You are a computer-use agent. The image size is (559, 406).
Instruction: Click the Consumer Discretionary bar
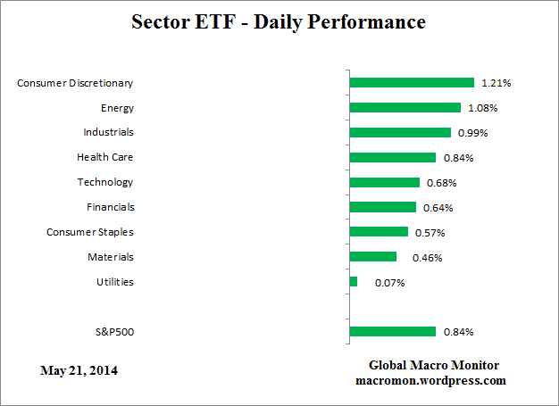pyautogui.click(x=412, y=83)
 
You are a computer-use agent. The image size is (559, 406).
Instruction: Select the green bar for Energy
pyautogui.click(x=405, y=108)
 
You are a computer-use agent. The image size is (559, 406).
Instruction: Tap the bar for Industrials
pyautogui.click(x=400, y=132)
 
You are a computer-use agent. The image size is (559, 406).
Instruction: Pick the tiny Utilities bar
pyautogui.click(x=354, y=282)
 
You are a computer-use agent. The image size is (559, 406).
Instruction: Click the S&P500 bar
pyautogui.click(x=393, y=332)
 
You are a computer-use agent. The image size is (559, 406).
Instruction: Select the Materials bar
pyautogui.click(x=373, y=257)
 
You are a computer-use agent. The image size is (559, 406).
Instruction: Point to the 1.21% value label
pyautogui.click(x=496, y=83)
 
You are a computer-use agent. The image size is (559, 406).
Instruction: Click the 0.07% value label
pyautogui.click(x=390, y=283)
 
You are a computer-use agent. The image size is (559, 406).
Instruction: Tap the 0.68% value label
pyautogui.click(x=441, y=183)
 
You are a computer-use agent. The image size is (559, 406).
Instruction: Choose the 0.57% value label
pyautogui.click(x=430, y=233)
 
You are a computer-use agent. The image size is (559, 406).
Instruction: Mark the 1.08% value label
pyautogui.click(x=482, y=108)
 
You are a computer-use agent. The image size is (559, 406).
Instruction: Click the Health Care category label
pyautogui.click(x=104, y=157)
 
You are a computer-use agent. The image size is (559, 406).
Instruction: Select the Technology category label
pyautogui.click(x=105, y=182)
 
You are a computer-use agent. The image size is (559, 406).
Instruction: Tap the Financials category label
pyautogui.click(x=110, y=207)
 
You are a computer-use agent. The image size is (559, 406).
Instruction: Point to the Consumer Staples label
pyautogui.click(x=89, y=232)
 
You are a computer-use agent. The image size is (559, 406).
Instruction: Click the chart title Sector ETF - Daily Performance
pyautogui.click(x=279, y=21)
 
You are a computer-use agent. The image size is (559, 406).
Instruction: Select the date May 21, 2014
pyautogui.click(x=79, y=369)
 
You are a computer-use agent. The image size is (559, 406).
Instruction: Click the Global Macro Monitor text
pyautogui.click(x=434, y=366)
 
